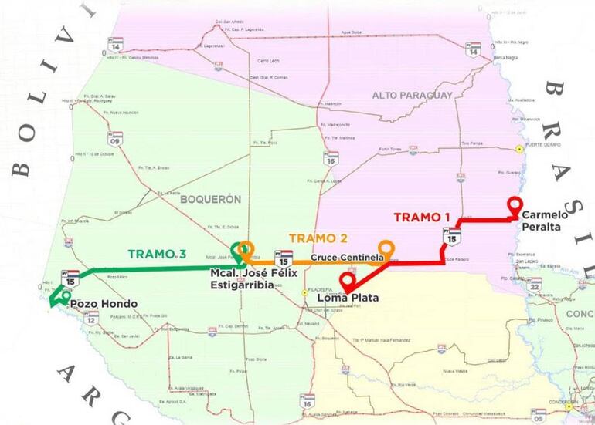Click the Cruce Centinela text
click(x=343, y=257)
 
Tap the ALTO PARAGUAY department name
click(x=412, y=95)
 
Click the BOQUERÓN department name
click(x=211, y=199)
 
